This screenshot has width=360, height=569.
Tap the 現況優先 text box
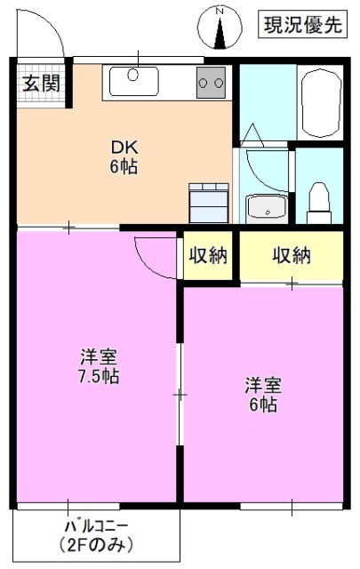click(x=301, y=26)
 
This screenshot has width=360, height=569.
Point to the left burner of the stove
click(x=204, y=84)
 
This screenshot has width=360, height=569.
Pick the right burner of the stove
click(x=218, y=84)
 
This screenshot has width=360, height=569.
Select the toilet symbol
click(x=318, y=201)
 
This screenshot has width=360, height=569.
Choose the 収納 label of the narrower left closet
click(x=208, y=256)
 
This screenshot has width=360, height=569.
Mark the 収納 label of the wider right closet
click(x=291, y=256)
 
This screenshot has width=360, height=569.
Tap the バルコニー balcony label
click(x=97, y=525)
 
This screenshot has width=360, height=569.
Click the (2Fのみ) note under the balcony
click(x=97, y=543)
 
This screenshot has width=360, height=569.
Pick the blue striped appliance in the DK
click(x=209, y=202)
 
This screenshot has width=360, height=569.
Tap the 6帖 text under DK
click(x=124, y=166)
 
